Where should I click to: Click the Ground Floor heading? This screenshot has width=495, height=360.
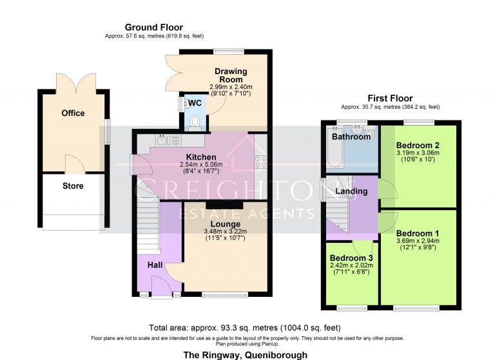(154, 28)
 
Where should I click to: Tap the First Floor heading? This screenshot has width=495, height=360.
(390, 99)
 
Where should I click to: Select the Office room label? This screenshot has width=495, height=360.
(73, 113)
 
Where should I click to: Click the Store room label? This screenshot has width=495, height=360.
(73, 186)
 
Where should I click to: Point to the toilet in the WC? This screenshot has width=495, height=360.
(195, 122)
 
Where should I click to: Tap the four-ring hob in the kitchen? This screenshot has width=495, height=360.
(261, 162)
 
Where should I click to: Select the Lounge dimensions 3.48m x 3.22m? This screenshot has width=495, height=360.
(226, 231)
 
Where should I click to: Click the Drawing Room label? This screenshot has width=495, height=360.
(231, 75)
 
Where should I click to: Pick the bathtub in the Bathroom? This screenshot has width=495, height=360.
(335, 147)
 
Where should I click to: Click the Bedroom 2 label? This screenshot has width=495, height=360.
(418, 146)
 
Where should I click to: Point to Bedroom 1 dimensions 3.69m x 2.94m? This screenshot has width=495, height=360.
(418, 241)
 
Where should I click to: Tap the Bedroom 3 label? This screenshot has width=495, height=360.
(351, 258)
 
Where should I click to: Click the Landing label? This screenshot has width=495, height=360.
(351, 191)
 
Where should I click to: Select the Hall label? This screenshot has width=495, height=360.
(155, 265)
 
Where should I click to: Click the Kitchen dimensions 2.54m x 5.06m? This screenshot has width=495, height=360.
(201, 164)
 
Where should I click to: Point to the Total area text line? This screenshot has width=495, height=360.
(245, 328)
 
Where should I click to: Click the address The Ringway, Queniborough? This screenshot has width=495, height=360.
(246, 355)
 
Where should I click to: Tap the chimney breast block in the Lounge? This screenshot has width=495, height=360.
(224, 205)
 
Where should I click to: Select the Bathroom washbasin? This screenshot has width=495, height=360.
(358, 129)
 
